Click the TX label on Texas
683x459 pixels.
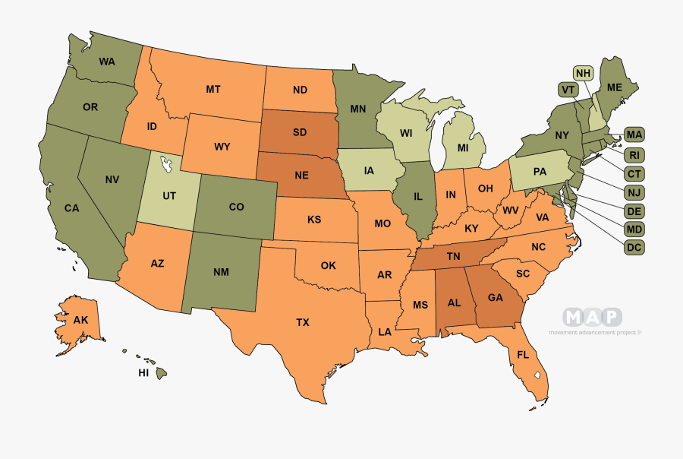pyautogui.click(x=303, y=322)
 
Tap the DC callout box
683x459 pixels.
pyautogui.click(x=634, y=247)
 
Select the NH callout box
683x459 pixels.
pyautogui.click(x=583, y=73)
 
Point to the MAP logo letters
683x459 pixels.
pyautogui.click(x=592, y=317)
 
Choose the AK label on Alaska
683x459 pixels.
pyautogui.click(x=81, y=320)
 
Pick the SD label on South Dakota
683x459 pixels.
pyautogui.click(x=299, y=131)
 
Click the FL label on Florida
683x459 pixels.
pyautogui.click(x=523, y=355)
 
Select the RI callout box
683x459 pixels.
pyautogui.click(x=634, y=155)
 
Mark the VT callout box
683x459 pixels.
pyautogui.click(x=567, y=90)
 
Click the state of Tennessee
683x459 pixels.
pyautogui.click(x=454, y=256)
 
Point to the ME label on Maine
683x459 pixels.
pyautogui.click(x=614, y=87)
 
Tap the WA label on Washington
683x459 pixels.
pyautogui.click(x=107, y=61)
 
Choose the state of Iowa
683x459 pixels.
pyautogui.click(x=369, y=170)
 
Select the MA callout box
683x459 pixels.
pyautogui.click(x=634, y=135)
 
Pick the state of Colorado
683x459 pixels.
pyautogui.click(x=236, y=206)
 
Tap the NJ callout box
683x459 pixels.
pyautogui.click(x=634, y=192)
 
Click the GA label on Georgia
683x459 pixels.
pyautogui.click(x=495, y=298)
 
